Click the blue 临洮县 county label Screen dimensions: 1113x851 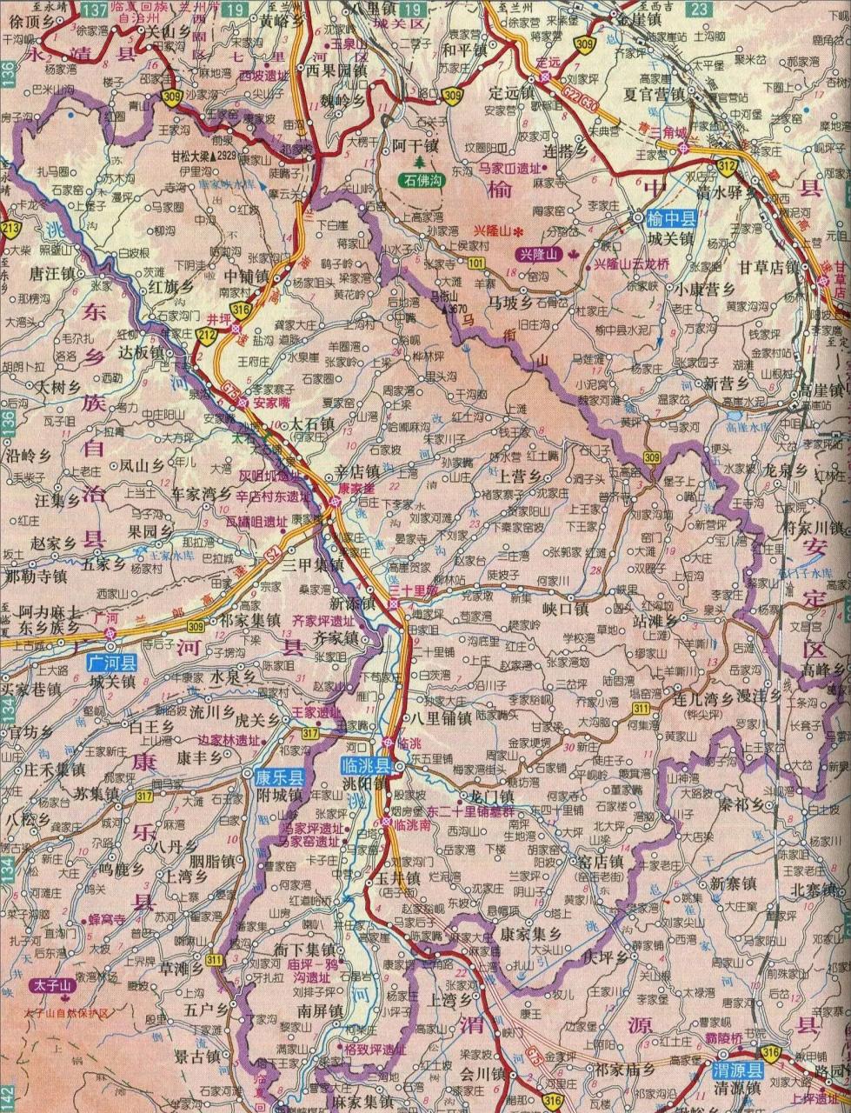pos(362,765)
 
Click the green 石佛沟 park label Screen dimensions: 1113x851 pos(422,180)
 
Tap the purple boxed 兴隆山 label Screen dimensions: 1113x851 pos(537,254)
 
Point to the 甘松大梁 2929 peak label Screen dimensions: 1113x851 pos(203,156)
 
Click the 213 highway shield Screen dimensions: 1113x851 pos(10,230)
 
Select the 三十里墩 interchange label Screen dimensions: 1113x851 pos(416,590)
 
